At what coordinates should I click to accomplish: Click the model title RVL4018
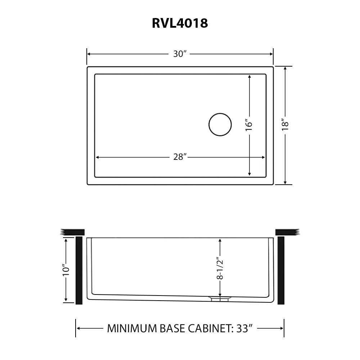[180, 23]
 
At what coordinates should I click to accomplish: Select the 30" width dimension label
[180, 54]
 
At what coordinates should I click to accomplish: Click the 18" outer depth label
[285, 124]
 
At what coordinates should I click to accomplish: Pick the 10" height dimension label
[66, 270]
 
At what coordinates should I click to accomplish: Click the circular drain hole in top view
[220, 125]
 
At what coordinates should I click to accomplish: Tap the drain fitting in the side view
[219, 298]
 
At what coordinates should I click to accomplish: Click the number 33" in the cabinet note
[243, 328]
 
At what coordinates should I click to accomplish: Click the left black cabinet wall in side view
[79, 270]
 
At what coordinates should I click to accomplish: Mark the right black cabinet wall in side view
[281, 270]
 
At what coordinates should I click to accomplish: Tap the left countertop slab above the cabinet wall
[73, 232]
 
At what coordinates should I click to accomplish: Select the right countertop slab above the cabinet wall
[287, 232]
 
